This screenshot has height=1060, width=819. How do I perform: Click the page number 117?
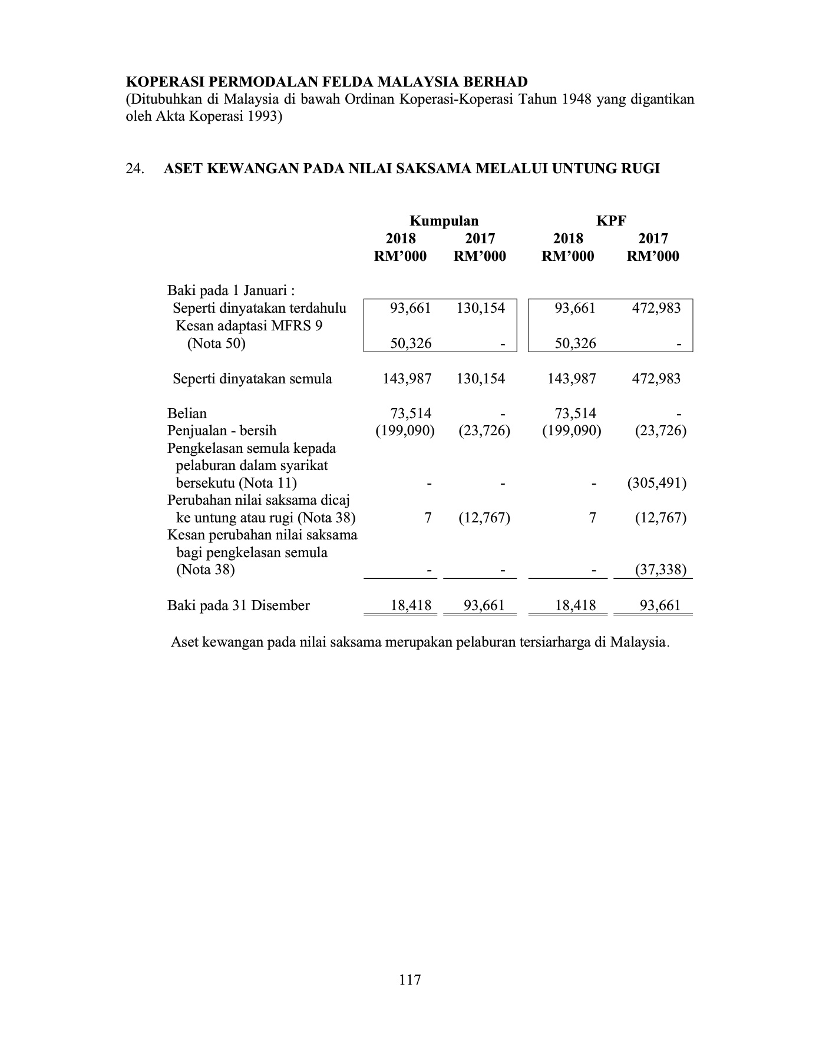tap(410, 980)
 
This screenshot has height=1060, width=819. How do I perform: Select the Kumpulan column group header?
tap(444, 221)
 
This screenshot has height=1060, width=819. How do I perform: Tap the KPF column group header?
tap(610, 221)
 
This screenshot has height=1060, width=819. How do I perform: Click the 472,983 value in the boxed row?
tap(656, 308)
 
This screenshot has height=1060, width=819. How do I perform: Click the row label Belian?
tap(187, 413)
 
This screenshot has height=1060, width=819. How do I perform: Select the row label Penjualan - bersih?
tap(222, 430)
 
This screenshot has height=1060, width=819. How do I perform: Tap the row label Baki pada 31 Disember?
tap(238, 605)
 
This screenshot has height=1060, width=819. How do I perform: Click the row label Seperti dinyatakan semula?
tap(252, 379)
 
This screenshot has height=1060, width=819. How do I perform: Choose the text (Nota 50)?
tap(216, 343)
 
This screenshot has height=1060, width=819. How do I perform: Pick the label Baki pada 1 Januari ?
tap(231, 291)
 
